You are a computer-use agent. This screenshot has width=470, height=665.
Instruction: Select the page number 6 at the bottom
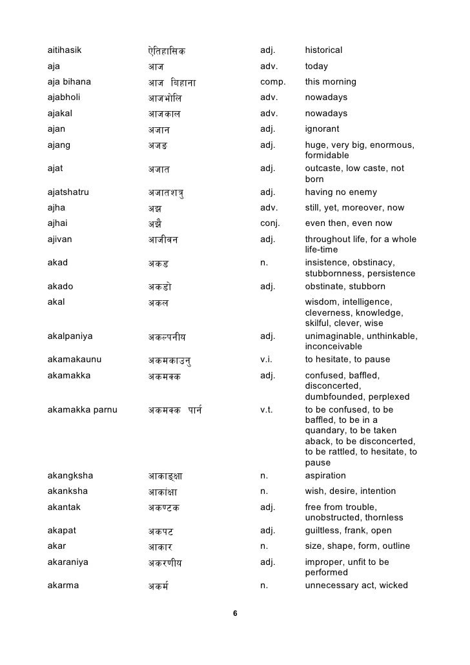(x=235, y=613)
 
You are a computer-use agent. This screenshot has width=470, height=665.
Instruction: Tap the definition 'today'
(x=316, y=66)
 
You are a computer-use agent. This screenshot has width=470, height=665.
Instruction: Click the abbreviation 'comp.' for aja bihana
(x=272, y=82)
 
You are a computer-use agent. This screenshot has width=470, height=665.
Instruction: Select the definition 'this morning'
(x=331, y=82)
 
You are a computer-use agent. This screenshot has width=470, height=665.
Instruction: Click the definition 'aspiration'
(x=325, y=476)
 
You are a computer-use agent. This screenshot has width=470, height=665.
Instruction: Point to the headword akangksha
(x=70, y=476)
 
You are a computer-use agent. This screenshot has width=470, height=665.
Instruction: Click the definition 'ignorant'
(x=322, y=129)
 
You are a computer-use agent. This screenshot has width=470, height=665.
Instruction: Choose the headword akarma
(x=64, y=586)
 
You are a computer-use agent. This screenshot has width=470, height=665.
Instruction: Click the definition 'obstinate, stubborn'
(x=345, y=286)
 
